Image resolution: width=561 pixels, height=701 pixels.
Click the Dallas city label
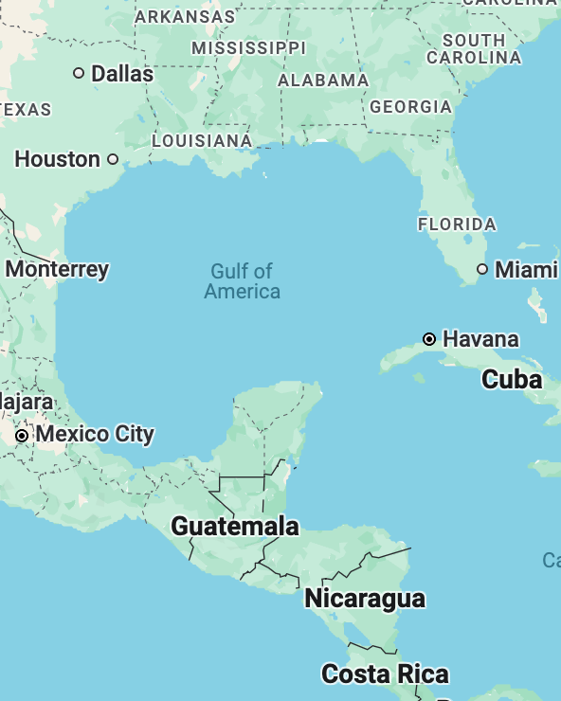(x=122, y=73)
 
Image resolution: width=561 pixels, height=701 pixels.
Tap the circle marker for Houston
(x=113, y=159)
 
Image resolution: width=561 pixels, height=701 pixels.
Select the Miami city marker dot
(x=482, y=270)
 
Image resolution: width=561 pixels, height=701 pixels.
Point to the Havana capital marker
(x=429, y=339)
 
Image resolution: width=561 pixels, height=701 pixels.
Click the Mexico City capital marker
(x=21, y=435)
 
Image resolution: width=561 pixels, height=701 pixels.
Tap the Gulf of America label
(x=242, y=281)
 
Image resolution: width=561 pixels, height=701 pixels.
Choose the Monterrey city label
(x=57, y=269)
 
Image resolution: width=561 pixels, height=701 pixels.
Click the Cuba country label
(x=512, y=380)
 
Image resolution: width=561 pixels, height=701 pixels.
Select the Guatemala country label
(x=235, y=526)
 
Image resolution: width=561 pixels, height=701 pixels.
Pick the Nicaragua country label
(x=365, y=599)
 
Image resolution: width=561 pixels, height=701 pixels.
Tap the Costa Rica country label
(x=385, y=674)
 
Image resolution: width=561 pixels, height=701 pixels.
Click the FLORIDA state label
(x=457, y=225)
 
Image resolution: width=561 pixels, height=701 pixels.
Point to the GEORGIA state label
(x=410, y=107)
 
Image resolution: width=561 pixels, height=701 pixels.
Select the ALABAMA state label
(x=323, y=81)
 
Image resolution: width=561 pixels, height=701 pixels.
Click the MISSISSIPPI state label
(x=249, y=47)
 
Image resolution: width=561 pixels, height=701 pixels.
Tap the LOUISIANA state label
(x=202, y=141)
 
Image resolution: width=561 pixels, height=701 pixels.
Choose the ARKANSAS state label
(x=185, y=16)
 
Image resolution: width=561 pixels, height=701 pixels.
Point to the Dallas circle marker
(x=79, y=73)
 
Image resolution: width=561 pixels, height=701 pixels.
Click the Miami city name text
(x=526, y=270)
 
